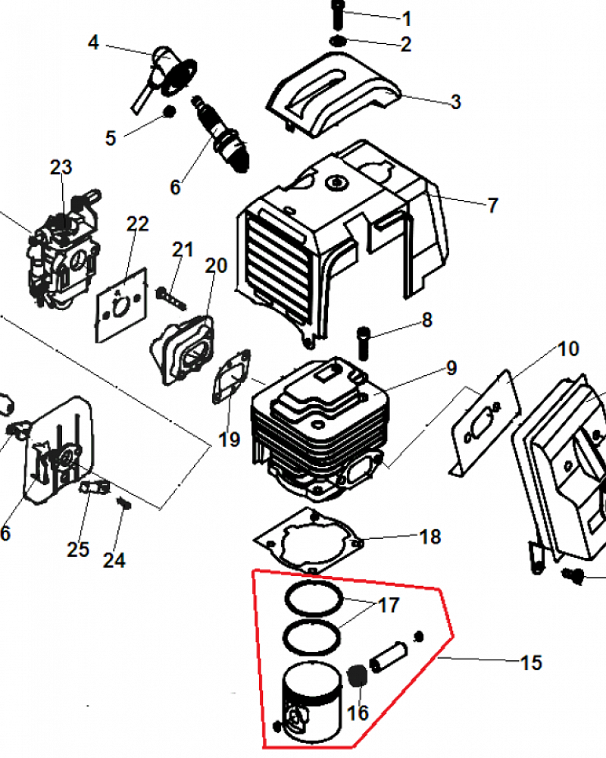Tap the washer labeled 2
[x=339, y=40]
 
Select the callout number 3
[x=455, y=102]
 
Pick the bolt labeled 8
[x=364, y=340]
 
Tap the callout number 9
[x=451, y=368]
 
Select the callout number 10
[x=568, y=349]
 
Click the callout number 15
[x=531, y=662]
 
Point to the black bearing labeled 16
[x=355, y=675]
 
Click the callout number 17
[x=388, y=606]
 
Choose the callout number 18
[x=430, y=537]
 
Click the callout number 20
[x=216, y=265]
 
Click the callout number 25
[x=78, y=549]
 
